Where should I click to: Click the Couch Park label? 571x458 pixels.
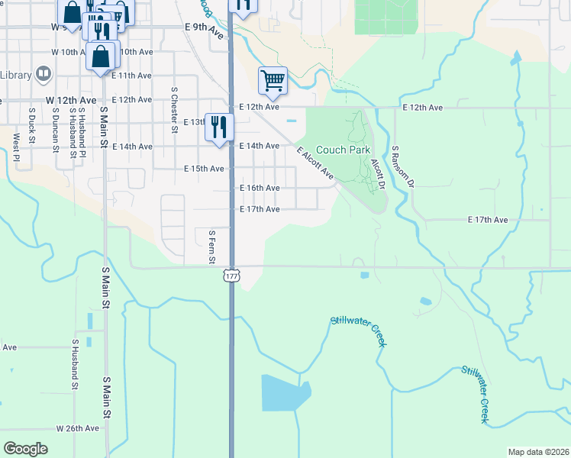[x=343, y=150]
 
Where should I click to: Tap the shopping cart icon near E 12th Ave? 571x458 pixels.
[x=273, y=79]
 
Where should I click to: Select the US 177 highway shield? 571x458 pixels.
[x=231, y=276]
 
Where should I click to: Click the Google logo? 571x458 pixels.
[x=25, y=449]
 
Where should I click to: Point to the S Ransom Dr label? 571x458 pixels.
[x=402, y=167]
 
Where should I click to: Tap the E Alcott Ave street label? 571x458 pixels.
[x=315, y=164]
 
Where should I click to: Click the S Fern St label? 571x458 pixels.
[x=211, y=247]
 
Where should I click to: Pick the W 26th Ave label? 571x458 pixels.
[x=78, y=428]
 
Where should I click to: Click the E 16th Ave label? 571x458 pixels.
[x=260, y=188]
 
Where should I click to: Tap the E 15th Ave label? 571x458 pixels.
[x=205, y=168]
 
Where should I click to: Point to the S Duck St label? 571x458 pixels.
[x=32, y=125]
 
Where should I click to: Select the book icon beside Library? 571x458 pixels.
[x=44, y=74]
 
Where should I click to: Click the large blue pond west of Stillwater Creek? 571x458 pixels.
[x=284, y=392]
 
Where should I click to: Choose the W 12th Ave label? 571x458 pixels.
[x=71, y=100]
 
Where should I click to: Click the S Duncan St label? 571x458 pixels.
[x=56, y=129]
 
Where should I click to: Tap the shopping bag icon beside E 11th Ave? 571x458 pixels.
[x=101, y=57]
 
